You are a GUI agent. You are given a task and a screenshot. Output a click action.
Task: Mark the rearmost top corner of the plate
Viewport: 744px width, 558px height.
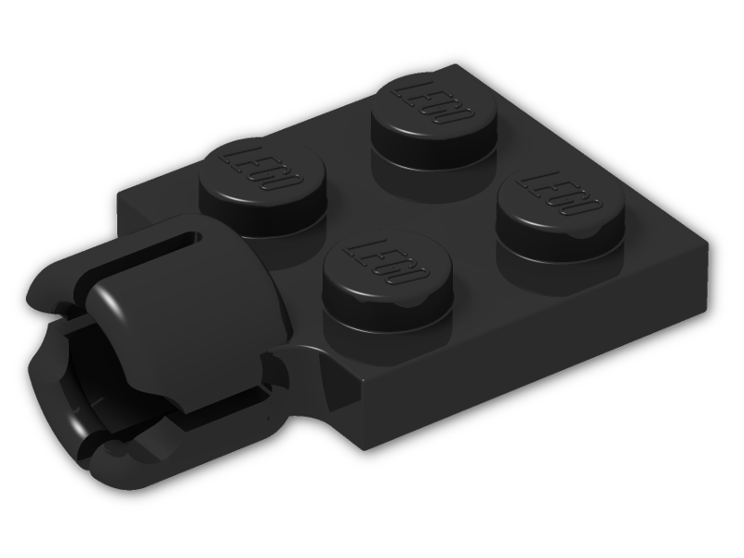460,67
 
